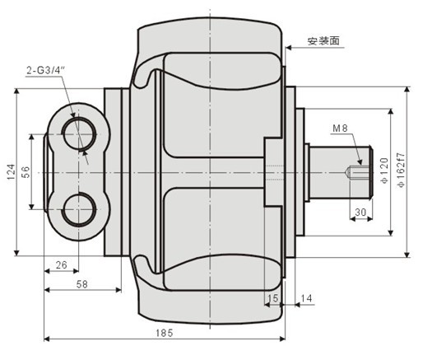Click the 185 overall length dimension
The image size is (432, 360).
coord(164,332)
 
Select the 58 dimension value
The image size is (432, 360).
coord(82,283)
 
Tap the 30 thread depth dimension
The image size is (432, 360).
coord(360,212)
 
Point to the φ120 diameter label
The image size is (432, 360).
coord(383,172)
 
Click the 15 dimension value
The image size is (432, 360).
coord(272,297)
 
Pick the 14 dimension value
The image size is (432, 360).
coord(306,297)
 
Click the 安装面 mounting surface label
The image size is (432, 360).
coord(323,40)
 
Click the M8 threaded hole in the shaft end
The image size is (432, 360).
coord(353,172)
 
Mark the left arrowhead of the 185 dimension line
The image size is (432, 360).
coord(48,338)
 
